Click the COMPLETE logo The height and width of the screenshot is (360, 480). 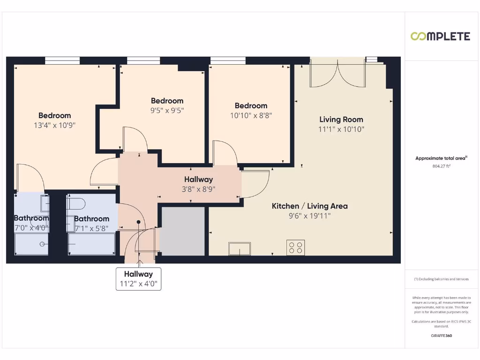point(440,37)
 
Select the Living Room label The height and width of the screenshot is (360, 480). point(341,120)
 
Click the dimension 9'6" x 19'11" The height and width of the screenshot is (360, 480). point(310,216)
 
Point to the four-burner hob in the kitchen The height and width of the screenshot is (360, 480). point(295,247)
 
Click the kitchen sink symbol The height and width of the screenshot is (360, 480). point(240,248)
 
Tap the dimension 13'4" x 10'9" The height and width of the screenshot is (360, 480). point(55,125)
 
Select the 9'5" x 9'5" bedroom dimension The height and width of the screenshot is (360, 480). point(167,111)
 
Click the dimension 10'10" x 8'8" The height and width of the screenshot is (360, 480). point(251,115)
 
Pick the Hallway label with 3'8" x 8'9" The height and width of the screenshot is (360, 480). point(198,180)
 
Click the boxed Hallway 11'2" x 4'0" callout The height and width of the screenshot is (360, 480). point(138,279)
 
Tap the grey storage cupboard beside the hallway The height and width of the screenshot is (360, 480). point(183,231)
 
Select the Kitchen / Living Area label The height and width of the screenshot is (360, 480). point(310,206)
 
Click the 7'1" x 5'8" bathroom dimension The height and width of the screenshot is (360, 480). point(91,228)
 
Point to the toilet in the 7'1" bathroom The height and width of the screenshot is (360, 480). point(76,203)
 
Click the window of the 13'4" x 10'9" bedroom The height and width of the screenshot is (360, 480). point(62,60)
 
